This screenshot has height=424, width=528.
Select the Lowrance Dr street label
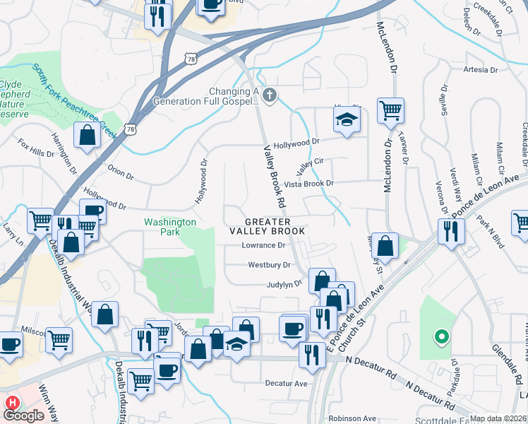[263, 246]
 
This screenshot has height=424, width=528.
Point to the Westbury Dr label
[269, 265]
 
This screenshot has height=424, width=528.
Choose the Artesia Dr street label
[481, 70]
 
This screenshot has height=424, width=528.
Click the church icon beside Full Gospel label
[268, 95]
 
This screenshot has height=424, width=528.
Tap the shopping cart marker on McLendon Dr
[390, 110]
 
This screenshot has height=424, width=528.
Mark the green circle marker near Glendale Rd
[441, 337]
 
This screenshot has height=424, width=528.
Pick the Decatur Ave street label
[287, 383]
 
